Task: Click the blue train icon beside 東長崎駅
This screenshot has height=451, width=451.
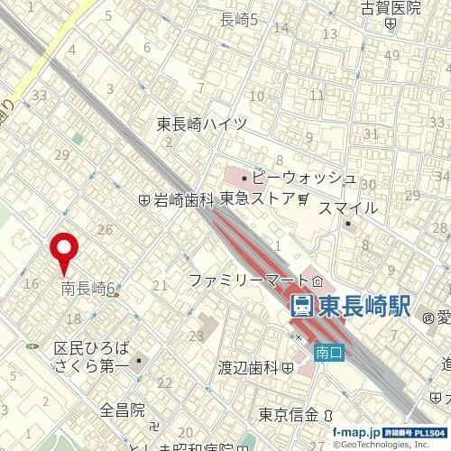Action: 304,307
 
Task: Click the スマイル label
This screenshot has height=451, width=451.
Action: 349,208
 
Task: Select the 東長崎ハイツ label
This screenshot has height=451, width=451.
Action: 201,125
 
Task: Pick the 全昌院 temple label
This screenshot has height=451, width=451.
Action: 123,410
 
